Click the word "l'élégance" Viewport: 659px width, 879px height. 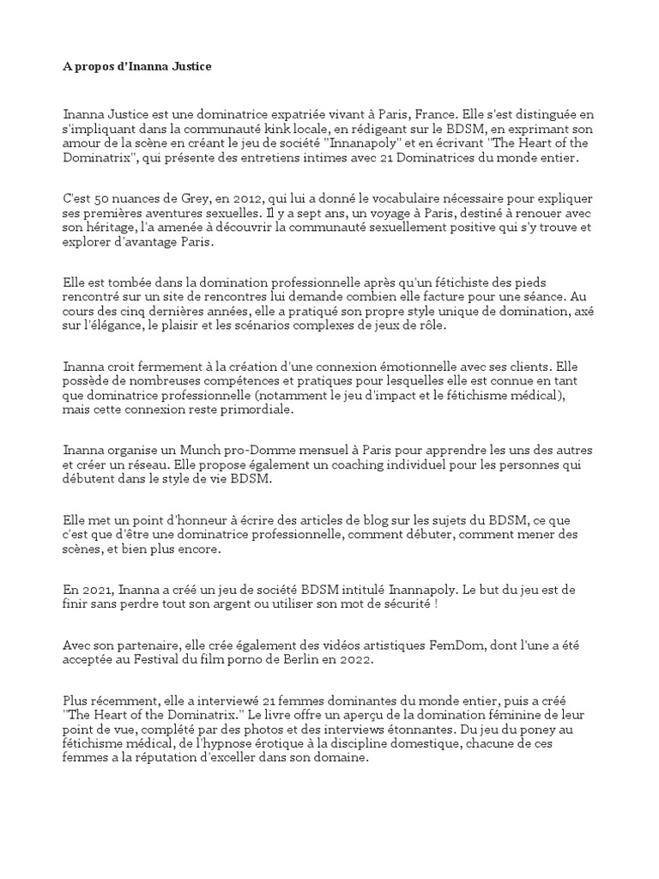click(112, 326)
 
